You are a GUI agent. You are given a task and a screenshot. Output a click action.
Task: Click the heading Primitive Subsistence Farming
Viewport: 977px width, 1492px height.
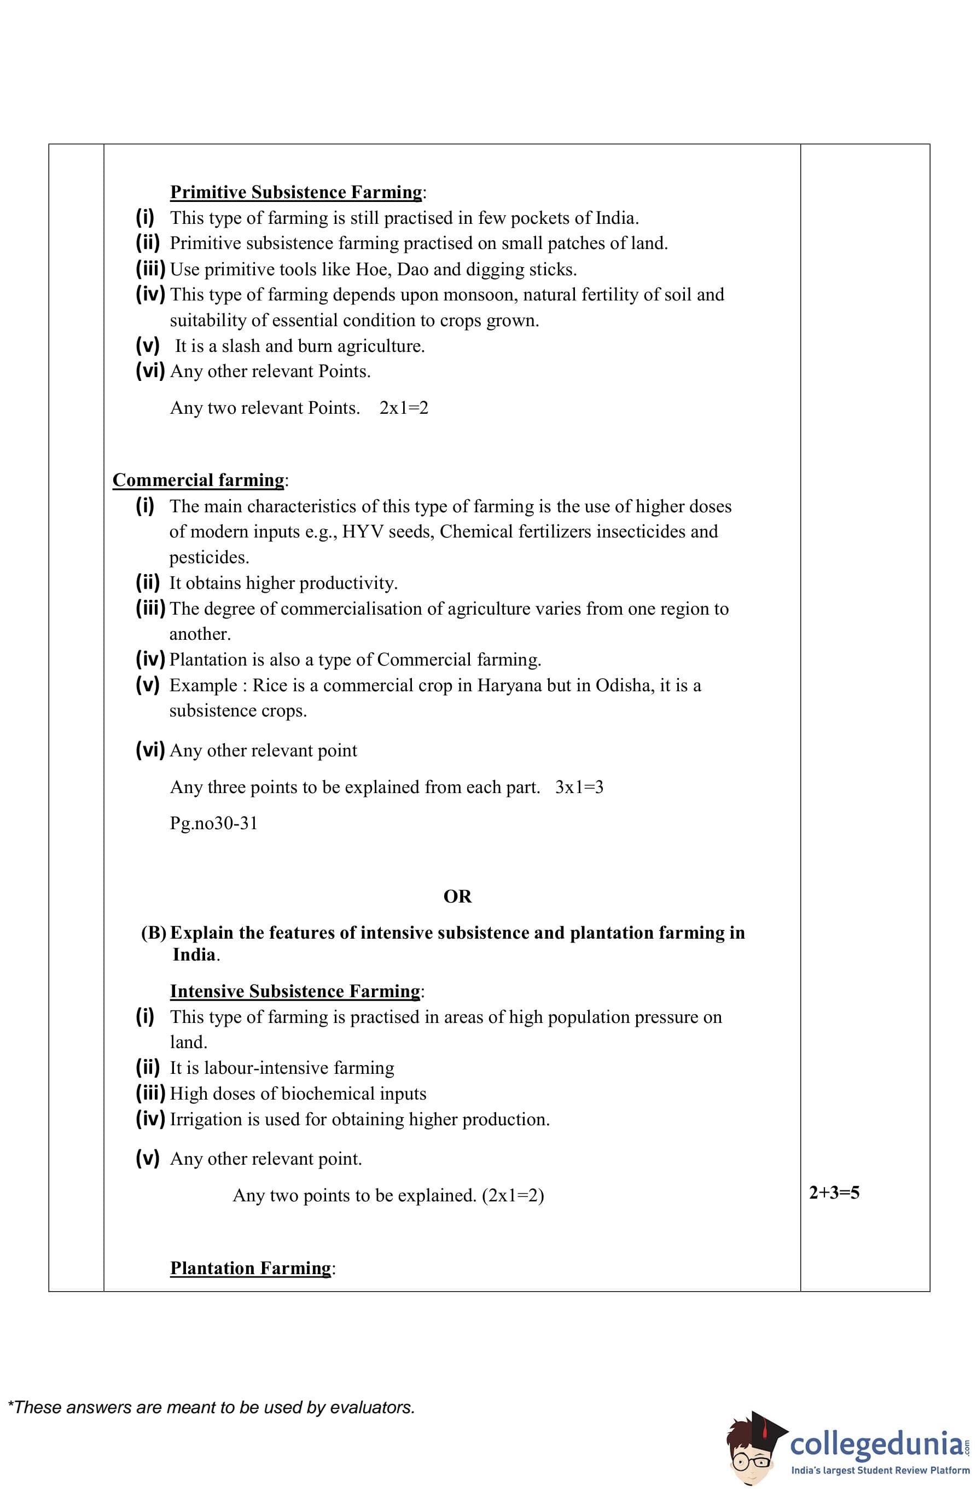click(x=296, y=192)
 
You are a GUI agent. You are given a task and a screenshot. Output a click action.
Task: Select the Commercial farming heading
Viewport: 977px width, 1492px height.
click(x=198, y=479)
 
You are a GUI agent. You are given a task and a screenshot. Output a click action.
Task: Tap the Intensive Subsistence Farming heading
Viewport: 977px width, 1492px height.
click(x=294, y=991)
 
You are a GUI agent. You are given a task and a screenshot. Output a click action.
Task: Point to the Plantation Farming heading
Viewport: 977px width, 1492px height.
click(x=250, y=1268)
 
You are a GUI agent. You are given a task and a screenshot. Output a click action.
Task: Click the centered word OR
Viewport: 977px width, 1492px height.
click(x=457, y=897)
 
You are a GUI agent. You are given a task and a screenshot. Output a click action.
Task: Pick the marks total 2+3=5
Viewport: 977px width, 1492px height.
click(x=834, y=1193)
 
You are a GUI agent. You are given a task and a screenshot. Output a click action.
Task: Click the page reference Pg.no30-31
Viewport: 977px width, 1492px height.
click(x=214, y=823)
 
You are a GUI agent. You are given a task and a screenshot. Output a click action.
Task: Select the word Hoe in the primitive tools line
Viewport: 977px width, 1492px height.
click(x=371, y=270)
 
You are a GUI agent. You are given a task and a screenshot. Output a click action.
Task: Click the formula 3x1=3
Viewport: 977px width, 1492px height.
click(x=579, y=788)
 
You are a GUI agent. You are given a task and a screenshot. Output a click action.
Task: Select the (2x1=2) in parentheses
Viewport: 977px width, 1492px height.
click(x=513, y=1195)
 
